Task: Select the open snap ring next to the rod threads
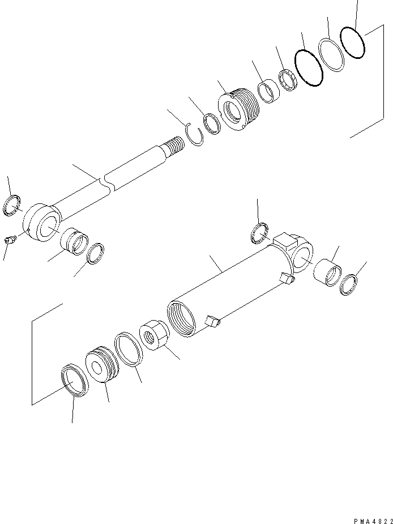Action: pyautogui.click(x=194, y=136)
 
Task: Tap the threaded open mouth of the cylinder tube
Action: pyautogui.click(x=182, y=321)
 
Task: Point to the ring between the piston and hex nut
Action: pyautogui.click(x=128, y=350)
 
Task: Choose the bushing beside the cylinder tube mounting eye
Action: pyautogui.click(x=327, y=272)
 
